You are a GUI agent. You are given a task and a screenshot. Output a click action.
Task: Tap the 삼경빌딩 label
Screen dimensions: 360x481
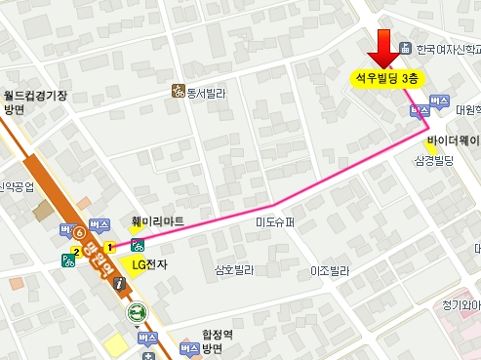click(x=434, y=159)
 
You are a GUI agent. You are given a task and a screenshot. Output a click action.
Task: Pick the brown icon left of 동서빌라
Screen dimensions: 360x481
click(x=179, y=92)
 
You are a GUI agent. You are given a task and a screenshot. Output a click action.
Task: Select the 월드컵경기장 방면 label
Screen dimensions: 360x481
click(x=34, y=102)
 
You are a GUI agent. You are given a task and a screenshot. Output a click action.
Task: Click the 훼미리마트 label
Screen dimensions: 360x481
click(x=157, y=221)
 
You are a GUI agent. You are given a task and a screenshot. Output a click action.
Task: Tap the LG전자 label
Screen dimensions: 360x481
click(x=149, y=263)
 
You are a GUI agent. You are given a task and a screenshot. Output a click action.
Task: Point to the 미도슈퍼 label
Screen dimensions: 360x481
click(x=274, y=222)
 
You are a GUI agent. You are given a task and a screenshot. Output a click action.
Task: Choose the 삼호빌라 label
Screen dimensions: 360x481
click(x=234, y=268)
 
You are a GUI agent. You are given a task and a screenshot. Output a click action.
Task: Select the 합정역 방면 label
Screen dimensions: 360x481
click(x=206, y=340)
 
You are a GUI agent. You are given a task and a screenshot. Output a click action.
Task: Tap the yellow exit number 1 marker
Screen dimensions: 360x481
click(x=111, y=246)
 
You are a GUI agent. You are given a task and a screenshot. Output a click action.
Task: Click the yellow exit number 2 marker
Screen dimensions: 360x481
click(x=76, y=253)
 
